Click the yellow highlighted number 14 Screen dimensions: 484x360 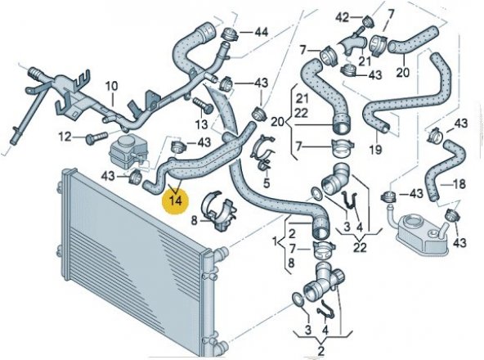click(x=176, y=200)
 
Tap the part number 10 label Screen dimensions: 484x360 click(x=111, y=87)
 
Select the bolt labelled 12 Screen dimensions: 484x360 click(x=96, y=137)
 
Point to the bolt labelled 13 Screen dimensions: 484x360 click(x=203, y=106)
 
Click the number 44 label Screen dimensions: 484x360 click(x=261, y=32)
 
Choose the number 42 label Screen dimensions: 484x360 click(x=343, y=17)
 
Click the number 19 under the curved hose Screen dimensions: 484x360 click(x=375, y=150)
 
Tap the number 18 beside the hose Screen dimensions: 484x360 click(x=459, y=184)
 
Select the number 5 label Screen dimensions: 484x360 click(x=267, y=183)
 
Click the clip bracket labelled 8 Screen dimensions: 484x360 click(x=219, y=210)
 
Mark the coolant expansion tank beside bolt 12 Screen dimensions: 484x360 click(x=126, y=152)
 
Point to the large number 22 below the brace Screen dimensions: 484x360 click(x=360, y=247)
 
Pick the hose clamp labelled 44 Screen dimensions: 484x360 click(x=230, y=34)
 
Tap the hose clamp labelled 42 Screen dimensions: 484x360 click(x=367, y=21)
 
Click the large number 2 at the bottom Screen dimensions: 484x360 click(x=321, y=351)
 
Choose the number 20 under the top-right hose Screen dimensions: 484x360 click(x=403, y=72)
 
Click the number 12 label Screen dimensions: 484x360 click(x=66, y=137)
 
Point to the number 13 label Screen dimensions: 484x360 click(x=201, y=125)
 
